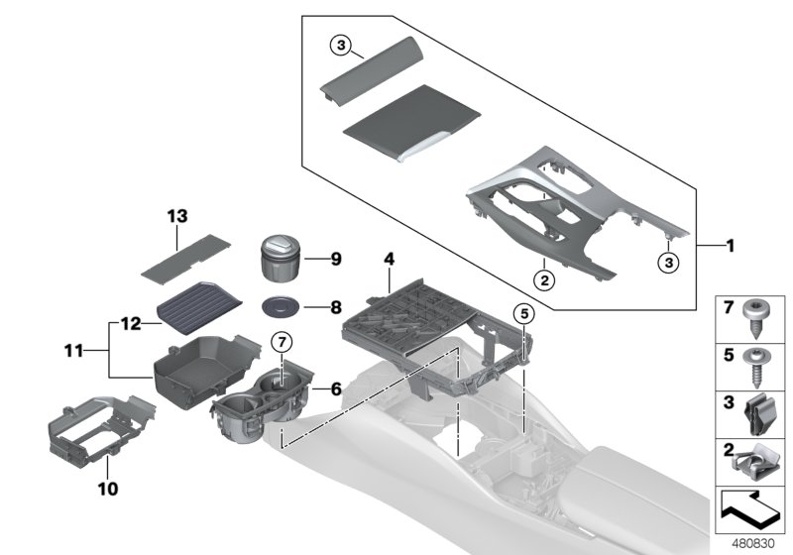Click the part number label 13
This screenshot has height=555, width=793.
(x=176, y=215)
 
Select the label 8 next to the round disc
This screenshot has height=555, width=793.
(x=336, y=307)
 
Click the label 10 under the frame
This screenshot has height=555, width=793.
(x=108, y=489)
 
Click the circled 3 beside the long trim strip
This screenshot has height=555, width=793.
(x=340, y=46)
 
